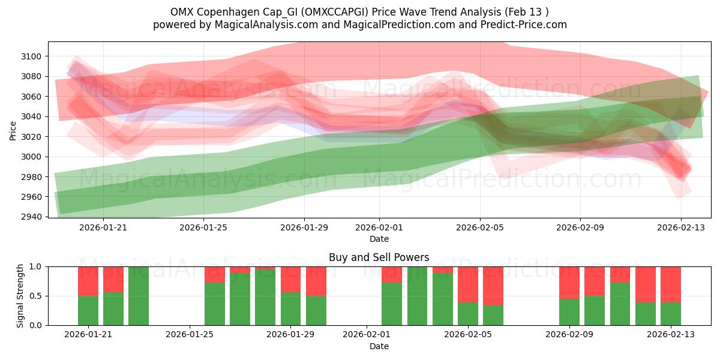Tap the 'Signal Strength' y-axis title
click(20, 295)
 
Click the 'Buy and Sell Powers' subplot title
click(379, 257)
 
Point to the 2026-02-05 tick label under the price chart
click(479, 227)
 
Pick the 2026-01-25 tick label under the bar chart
click(190, 334)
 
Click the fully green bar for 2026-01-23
click(139, 296)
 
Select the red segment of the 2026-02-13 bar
click(671, 284)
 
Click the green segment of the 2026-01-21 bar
click(88, 310)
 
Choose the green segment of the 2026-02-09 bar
click(569, 311)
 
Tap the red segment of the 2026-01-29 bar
click(291, 279)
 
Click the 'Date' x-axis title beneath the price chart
click(379, 239)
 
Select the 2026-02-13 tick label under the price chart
click(680, 227)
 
